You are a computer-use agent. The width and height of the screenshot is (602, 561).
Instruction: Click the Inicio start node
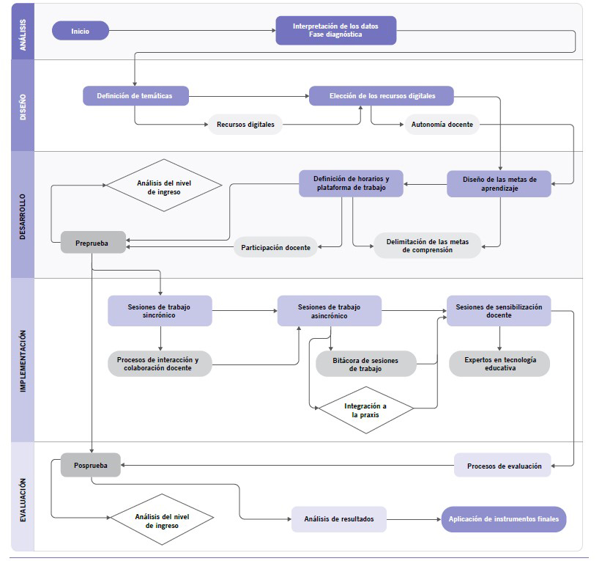pyautogui.click(x=81, y=31)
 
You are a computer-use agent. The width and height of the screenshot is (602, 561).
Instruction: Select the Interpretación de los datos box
pyautogui.click(x=336, y=30)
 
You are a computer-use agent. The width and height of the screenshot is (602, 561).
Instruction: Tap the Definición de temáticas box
pyautogui.click(x=135, y=96)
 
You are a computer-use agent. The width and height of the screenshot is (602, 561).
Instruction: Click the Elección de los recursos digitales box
pyautogui.click(x=382, y=96)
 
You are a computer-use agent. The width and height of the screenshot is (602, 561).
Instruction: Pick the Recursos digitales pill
pyautogui.click(x=245, y=124)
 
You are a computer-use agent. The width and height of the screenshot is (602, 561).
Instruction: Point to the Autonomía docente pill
pyautogui.click(x=442, y=124)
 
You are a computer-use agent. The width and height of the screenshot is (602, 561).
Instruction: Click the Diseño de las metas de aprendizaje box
pyautogui.click(x=499, y=184)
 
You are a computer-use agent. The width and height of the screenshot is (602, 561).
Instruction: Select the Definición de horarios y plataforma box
pyautogui.click(x=351, y=183)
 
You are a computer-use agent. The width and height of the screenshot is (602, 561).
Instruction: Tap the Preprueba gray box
pyautogui.click(x=93, y=242)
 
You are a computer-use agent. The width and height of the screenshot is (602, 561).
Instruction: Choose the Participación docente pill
pyautogui.click(x=275, y=247)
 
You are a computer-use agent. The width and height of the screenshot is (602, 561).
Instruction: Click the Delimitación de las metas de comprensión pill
pyautogui.click(x=427, y=246)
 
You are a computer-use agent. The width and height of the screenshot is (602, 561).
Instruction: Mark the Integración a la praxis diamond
pyautogui.click(x=366, y=410)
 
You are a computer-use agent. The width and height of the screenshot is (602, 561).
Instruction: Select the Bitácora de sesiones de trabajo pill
pyautogui.click(x=366, y=364)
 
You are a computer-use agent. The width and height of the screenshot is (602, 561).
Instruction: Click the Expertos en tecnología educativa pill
pyautogui.click(x=499, y=364)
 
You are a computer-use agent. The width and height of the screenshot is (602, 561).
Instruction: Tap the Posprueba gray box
pyautogui.click(x=91, y=465)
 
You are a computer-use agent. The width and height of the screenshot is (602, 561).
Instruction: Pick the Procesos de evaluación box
pyautogui.click(x=502, y=465)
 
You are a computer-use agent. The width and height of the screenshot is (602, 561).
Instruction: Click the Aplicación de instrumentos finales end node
pyautogui.click(x=504, y=519)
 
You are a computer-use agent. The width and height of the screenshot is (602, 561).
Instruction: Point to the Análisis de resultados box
pyautogui.click(x=339, y=519)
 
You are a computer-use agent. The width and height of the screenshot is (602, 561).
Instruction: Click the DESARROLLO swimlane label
pyautogui.click(x=23, y=216)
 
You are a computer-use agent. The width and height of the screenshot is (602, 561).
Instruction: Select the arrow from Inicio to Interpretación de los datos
pyautogui.click(x=193, y=30)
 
